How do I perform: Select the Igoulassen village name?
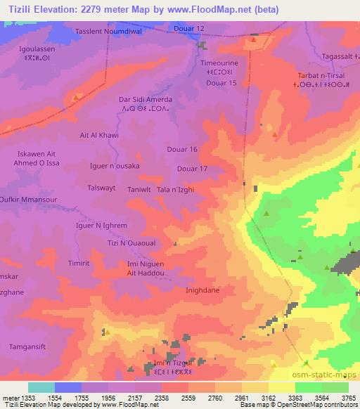[x=37, y=49]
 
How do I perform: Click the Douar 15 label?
[x=221, y=84]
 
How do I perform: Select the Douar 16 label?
[x=182, y=149]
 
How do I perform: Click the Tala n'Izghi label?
[x=174, y=190]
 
